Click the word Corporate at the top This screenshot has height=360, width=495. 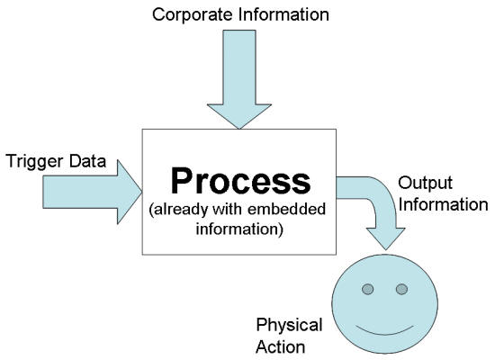click(193, 15)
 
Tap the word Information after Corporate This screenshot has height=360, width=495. click(283, 14)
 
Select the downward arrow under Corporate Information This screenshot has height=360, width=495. click(239, 79)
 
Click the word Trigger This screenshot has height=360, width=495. click(35, 162)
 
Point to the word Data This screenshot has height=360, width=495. click(87, 160)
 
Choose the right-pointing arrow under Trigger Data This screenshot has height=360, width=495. click(92, 192)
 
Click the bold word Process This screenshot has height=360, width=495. click(240, 181)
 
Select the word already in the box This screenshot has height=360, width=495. click(181, 210)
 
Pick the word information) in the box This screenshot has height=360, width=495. click(239, 229)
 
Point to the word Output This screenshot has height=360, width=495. click(425, 184)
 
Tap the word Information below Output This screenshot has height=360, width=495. click(443, 204)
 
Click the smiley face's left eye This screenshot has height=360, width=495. click(368, 289)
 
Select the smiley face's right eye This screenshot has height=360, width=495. click(401, 289)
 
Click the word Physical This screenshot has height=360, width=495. click(289, 326)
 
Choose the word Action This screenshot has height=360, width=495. click(280, 346)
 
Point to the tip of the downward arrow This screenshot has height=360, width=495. click(239, 129)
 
